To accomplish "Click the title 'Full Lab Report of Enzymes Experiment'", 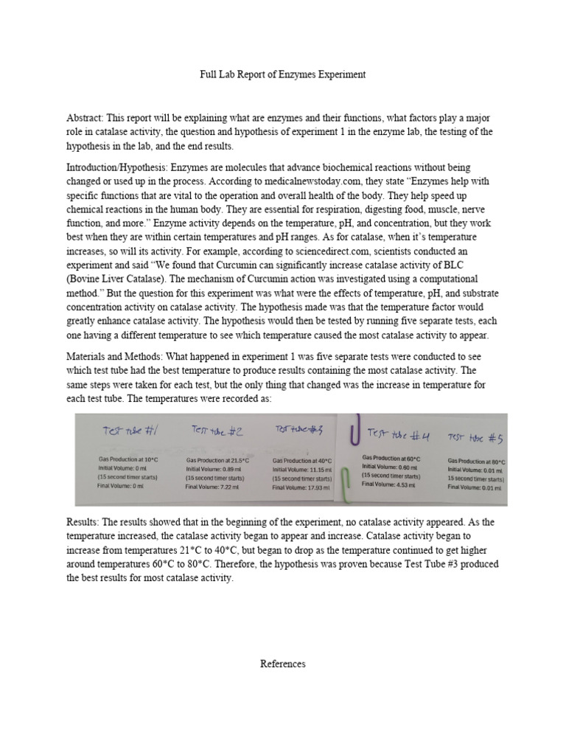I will (283, 74).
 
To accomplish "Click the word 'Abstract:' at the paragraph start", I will (87, 118).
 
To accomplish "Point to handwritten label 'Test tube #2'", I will (218, 430).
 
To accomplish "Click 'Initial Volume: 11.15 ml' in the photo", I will (302, 469).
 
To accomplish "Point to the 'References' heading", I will (282, 664).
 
